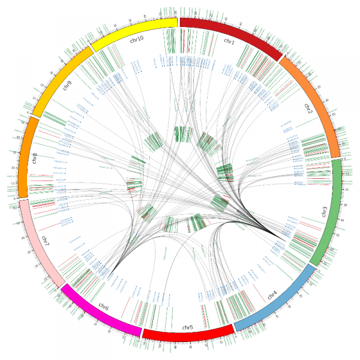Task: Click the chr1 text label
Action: [x=229, y=40]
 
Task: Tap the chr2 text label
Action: [x=308, y=109]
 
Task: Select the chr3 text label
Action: [x=325, y=211]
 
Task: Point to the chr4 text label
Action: [x=272, y=295]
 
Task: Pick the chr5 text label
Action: [x=187, y=327]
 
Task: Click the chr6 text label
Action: [x=103, y=308]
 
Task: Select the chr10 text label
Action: [x=137, y=40]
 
